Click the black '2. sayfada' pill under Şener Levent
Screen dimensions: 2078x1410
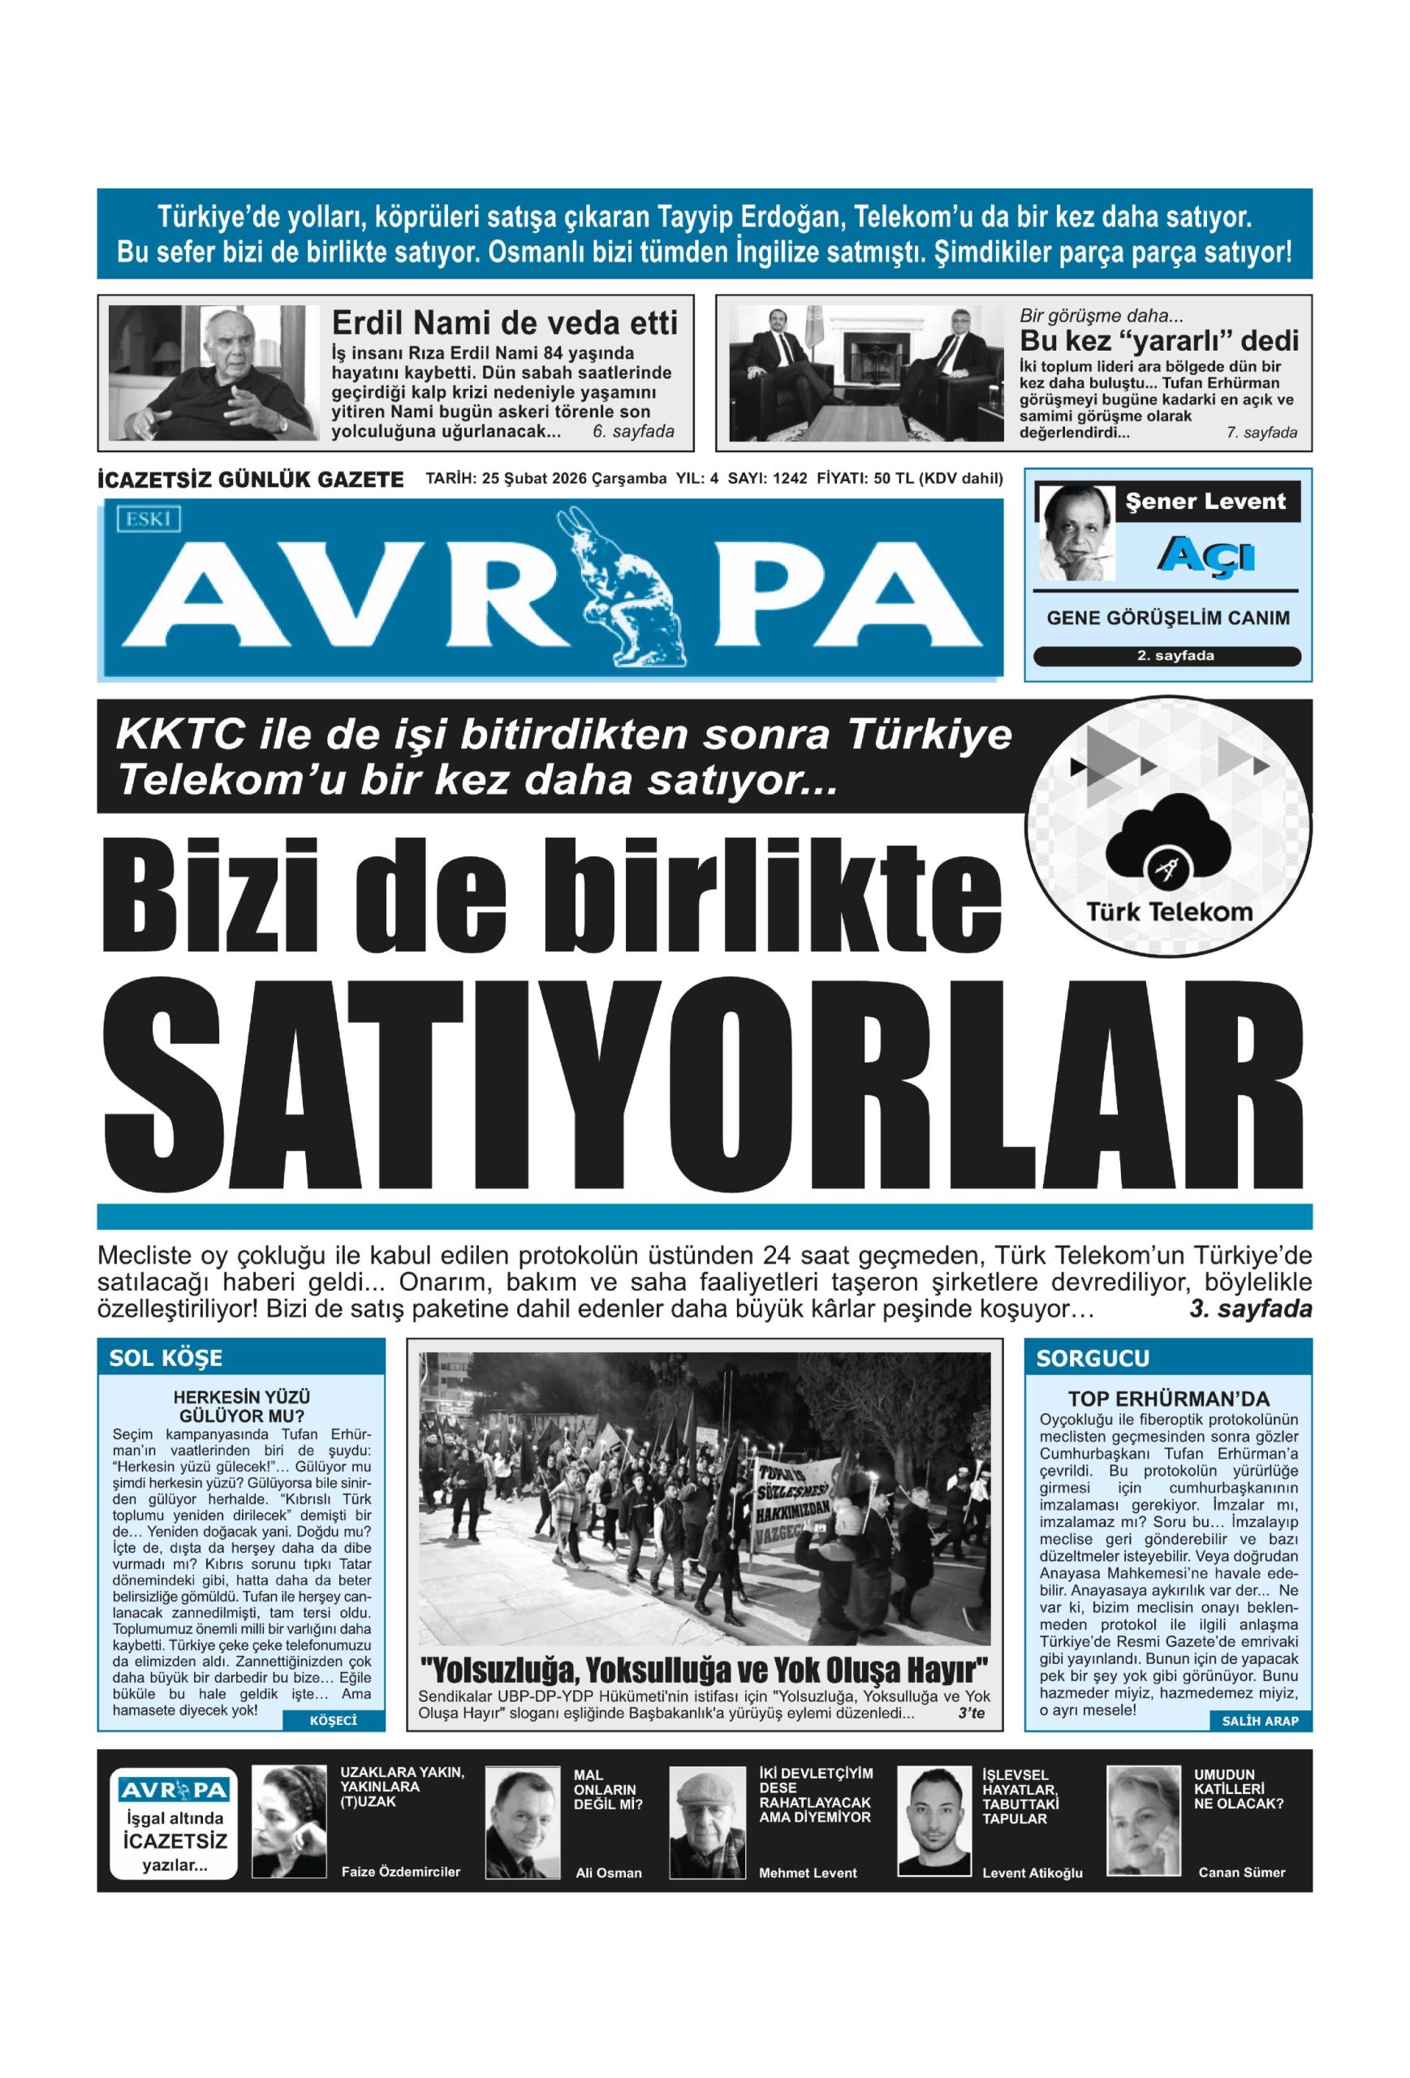(1166, 655)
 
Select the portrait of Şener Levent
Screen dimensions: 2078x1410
(1076, 533)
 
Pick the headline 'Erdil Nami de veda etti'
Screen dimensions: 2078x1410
(504, 322)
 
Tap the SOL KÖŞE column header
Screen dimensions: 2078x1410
(166, 1358)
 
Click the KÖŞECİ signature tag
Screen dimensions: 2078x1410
(333, 1719)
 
